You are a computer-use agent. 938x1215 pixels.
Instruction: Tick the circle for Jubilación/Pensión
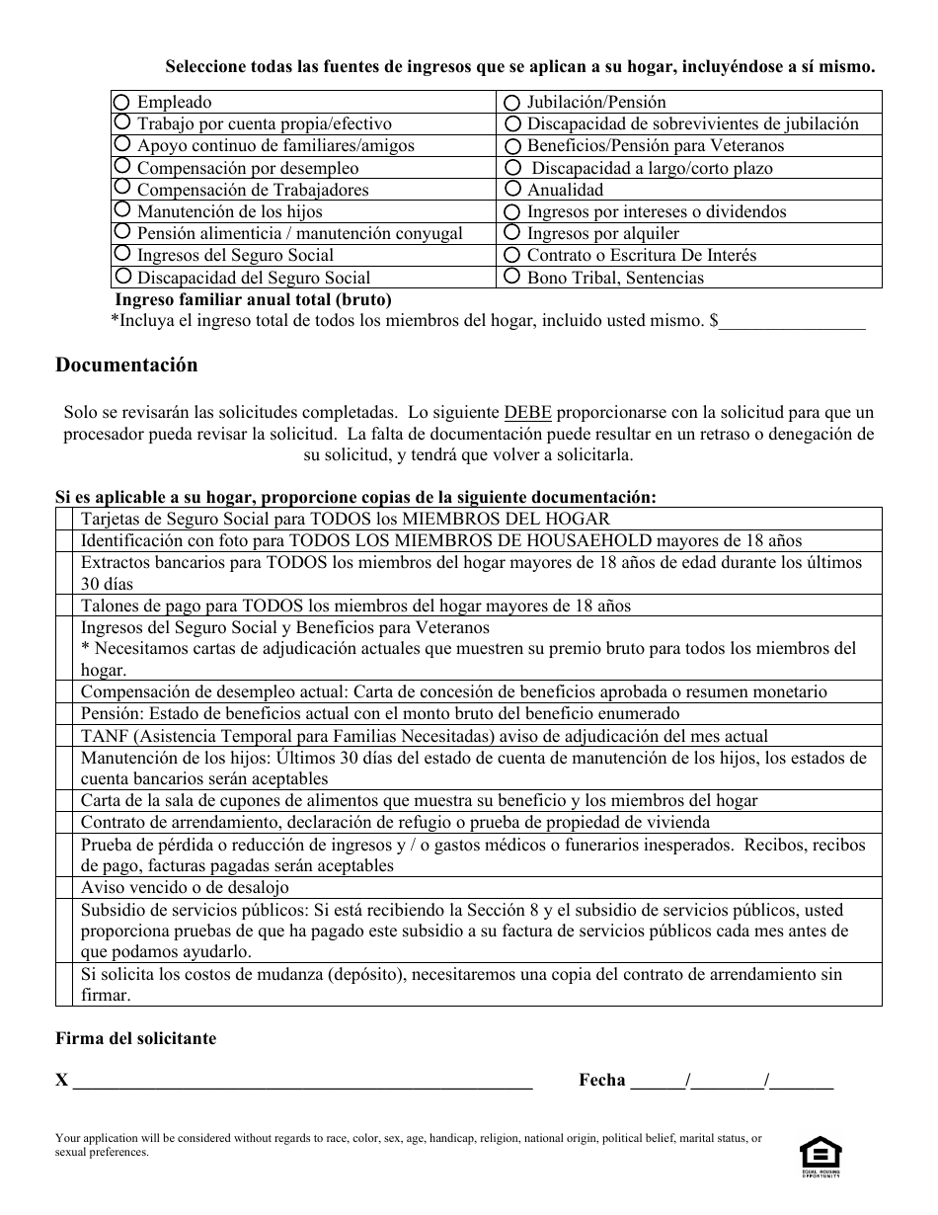511,102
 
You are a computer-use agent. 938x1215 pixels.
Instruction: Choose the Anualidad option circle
511,189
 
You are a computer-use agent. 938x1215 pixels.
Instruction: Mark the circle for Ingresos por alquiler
511,233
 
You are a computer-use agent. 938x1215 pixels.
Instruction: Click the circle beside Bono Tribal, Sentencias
511,277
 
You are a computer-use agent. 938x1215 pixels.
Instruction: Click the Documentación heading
126,364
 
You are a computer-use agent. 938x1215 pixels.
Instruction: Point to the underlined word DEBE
527,412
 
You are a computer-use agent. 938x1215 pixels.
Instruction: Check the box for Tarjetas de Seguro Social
64,519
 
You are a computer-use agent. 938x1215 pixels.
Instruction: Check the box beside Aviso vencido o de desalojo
64,887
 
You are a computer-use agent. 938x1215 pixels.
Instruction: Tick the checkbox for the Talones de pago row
64,606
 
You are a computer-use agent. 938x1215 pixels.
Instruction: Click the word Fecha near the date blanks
602,1080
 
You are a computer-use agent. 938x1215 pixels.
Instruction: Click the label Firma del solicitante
135,1038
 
